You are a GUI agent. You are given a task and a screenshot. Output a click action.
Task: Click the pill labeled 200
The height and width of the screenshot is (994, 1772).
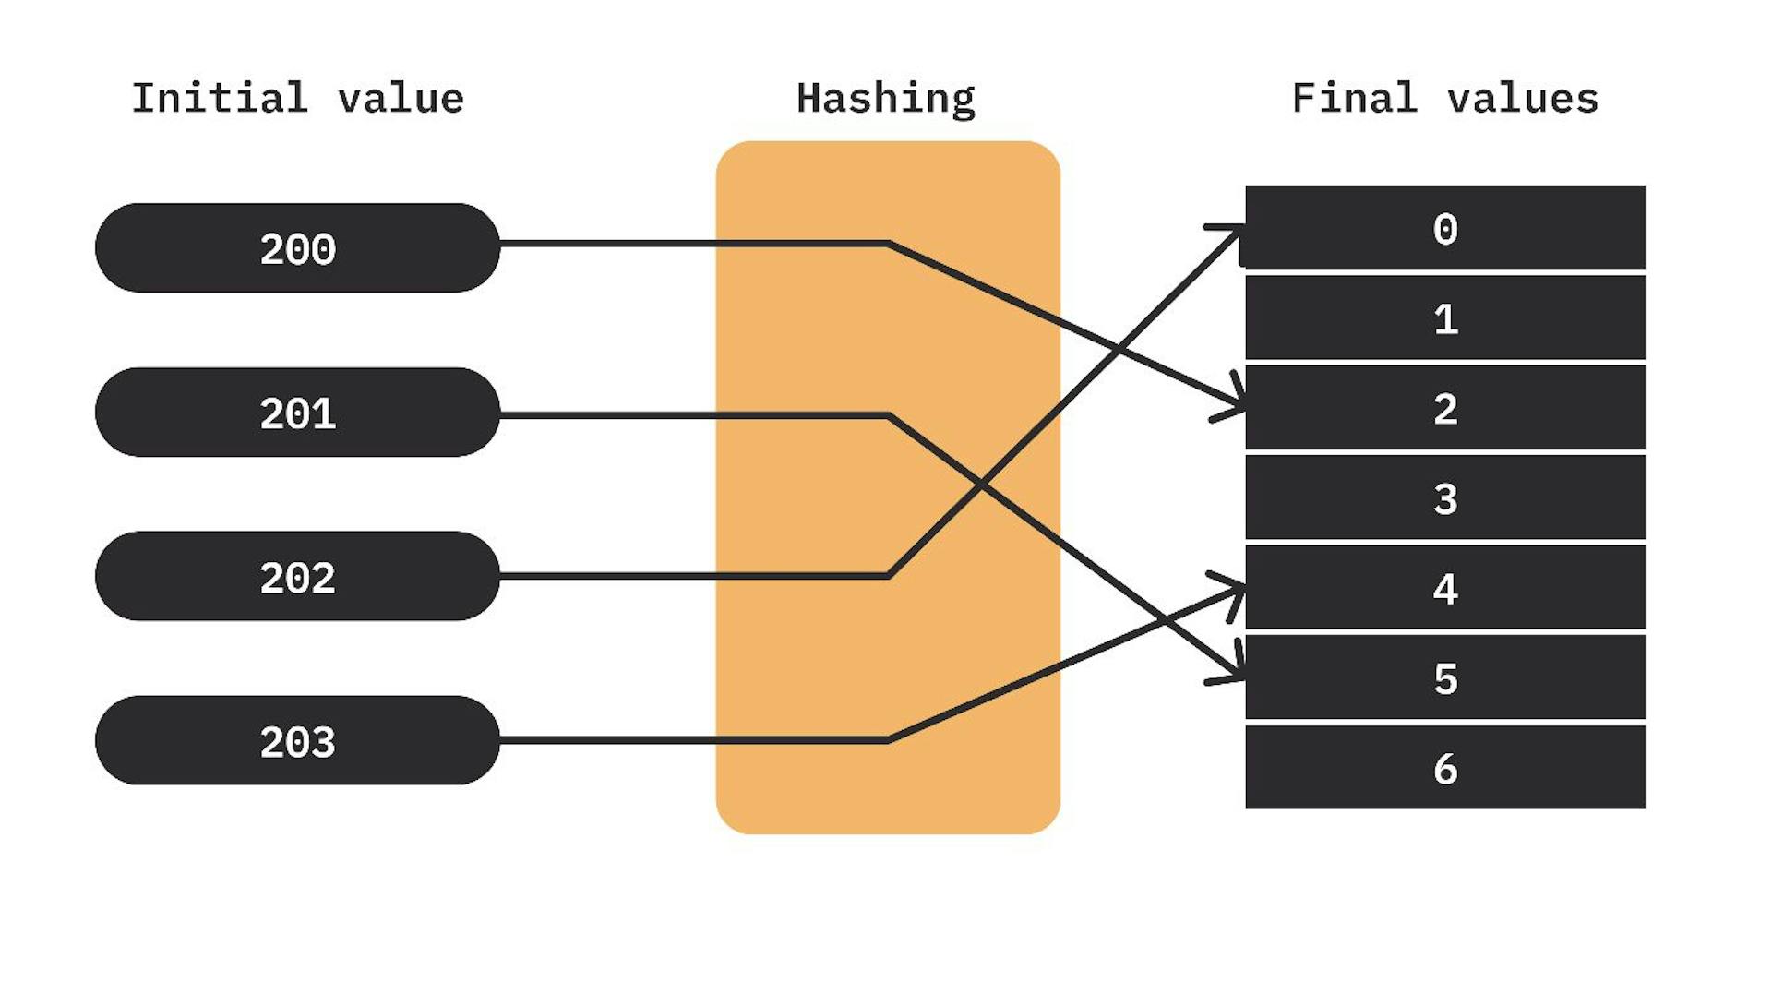(x=297, y=248)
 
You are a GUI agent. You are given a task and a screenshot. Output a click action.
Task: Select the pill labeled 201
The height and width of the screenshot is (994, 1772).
(x=297, y=413)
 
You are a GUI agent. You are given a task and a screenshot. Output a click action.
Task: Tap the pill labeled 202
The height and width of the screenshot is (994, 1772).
(x=297, y=576)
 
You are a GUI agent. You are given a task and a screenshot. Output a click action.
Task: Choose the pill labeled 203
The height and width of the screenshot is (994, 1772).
(x=297, y=740)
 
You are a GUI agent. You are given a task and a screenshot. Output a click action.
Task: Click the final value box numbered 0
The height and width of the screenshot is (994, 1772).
(x=1445, y=228)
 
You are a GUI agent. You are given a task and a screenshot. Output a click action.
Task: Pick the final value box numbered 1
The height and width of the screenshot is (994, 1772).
(x=1445, y=317)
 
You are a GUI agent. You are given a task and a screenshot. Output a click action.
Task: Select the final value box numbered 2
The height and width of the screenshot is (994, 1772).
(x=1445, y=408)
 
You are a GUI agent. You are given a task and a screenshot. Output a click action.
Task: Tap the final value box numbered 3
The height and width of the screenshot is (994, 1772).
(x=1445, y=497)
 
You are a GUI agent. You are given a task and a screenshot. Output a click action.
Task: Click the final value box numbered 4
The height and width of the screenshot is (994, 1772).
(x=1445, y=587)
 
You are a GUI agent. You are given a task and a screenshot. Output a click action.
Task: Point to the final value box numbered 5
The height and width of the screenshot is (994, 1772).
(x=1445, y=677)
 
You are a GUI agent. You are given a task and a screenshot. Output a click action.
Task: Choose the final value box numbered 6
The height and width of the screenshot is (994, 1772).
(x=1445, y=767)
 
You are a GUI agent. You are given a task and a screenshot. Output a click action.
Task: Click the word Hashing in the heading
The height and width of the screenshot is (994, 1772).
(x=885, y=99)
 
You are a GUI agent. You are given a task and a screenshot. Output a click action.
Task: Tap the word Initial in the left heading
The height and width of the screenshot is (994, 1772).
(x=219, y=98)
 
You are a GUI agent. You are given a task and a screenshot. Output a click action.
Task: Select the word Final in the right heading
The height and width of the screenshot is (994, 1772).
(x=1354, y=98)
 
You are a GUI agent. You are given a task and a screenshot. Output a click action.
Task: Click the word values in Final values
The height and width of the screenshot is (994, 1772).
(x=1522, y=98)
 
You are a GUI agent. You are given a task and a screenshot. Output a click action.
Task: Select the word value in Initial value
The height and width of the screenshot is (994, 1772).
(x=401, y=98)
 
